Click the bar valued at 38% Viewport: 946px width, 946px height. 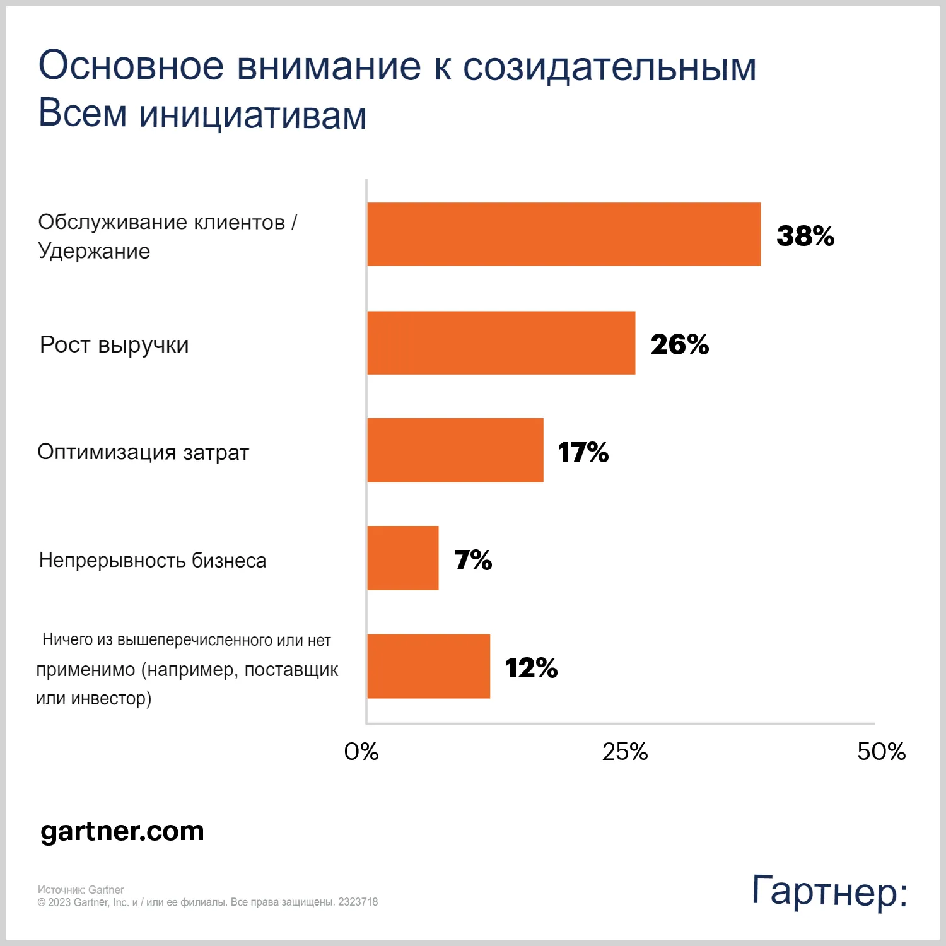click(x=563, y=234)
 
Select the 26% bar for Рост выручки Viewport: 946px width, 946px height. click(x=501, y=342)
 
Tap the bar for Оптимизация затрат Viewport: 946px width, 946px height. click(x=455, y=450)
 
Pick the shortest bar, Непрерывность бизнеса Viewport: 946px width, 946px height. click(x=402, y=558)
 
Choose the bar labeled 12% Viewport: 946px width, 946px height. click(x=428, y=666)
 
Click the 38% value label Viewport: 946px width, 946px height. click(x=805, y=236)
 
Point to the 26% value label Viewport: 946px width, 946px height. click(x=679, y=344)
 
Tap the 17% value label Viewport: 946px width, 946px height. click(x=583, y=452)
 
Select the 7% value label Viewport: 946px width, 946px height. click(x=473, y=560)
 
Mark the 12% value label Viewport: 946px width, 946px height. click(x=531, y=668)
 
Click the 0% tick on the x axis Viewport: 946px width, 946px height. click(x=361, y=751)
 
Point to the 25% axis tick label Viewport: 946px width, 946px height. click(x=624, y=751)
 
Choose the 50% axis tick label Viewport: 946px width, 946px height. click(x=881, y=751)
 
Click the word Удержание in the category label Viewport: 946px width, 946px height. click(x=94, y=251)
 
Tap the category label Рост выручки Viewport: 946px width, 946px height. click(x=114, y=345)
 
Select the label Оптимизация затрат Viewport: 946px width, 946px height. click(x=143, y=452)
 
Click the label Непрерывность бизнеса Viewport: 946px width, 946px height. click(x=153, y=560)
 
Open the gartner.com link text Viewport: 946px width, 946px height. click(x=122, y=831)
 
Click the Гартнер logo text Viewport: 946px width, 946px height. click(x=829, y=891)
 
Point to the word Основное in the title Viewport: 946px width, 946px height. click(x=131, y=66)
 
